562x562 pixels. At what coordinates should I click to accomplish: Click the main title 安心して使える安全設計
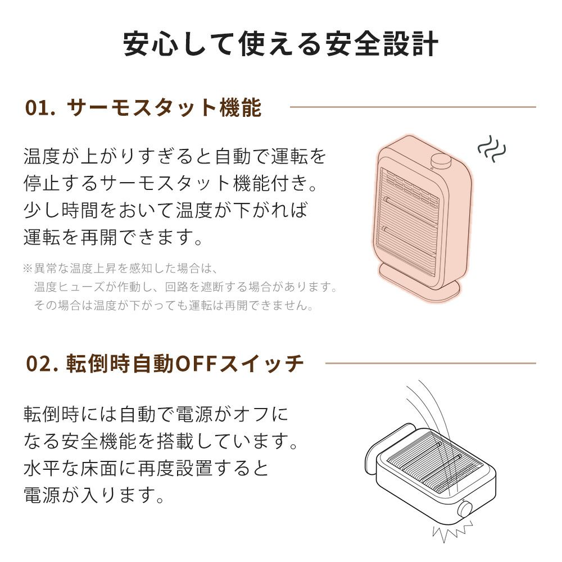pyautogui.click(x=280, y=44)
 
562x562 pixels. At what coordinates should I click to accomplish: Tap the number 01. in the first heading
pyautogui.click(x=40, y=107)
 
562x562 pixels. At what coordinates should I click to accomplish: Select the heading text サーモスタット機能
pyautogui.click(x=164, y=107)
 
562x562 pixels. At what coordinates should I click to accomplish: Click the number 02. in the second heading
pyautogui.click(x=42, y=364)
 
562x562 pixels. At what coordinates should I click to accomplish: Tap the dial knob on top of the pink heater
pyautogui.click(x=441, y=160)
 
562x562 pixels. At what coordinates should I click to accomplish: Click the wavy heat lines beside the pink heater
pyautogui.click(x=492, y=149)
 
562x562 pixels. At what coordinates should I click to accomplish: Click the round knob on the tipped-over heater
pyautogui.click(x=465, y=509)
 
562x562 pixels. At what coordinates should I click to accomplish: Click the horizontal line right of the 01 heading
pyautogui.click(x=413, y=107)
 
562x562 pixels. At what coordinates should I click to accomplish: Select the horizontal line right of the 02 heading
pyautogui.click(x=430, y=363)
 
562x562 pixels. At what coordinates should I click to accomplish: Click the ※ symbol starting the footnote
pyautogui.click(x=28, y=268)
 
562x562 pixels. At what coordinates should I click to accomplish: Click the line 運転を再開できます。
pyautogui.click(x=114, y=237)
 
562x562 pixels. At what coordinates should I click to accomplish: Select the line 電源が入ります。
pyautogui.click(x=94, y=495)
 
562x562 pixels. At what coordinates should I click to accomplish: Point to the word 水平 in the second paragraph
pyautogui.click(x=42, y=468)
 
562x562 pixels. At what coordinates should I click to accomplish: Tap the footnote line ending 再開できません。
pyautogui.click(x=174, y=305)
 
